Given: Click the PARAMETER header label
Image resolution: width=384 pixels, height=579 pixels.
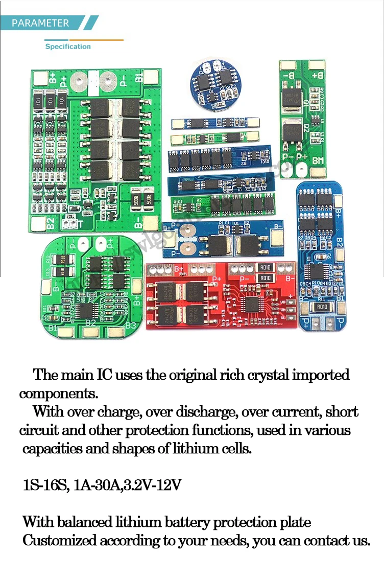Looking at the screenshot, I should tap(40, 23).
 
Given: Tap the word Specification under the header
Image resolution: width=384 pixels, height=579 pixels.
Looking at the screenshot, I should tap(68, 47).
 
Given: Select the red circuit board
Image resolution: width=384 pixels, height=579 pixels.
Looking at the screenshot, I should tap(221, 295).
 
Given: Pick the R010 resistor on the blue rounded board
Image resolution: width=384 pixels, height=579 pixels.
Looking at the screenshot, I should tap(322, 307).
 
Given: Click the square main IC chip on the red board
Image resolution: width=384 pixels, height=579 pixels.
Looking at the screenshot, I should tap(253, 305).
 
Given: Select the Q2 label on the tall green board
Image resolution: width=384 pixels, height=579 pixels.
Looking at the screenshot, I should tap(305, 129).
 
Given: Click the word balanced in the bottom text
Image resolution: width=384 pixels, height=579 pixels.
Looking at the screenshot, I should tap(84, 522).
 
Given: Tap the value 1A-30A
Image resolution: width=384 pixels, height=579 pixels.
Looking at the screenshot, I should tap(97, 485).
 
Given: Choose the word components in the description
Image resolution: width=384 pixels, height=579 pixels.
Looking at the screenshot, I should tap(57, 394).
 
